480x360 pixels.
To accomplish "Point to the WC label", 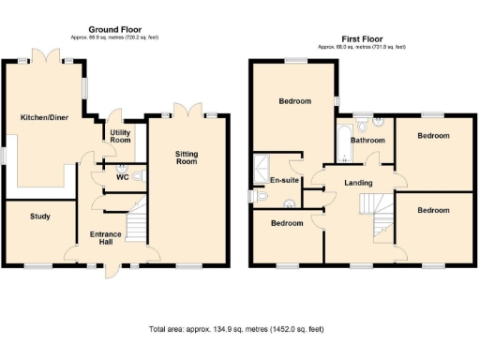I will [x=122, y=175].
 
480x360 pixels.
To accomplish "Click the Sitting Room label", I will [x=187, y=155].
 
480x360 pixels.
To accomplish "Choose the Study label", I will [x=39, y=217].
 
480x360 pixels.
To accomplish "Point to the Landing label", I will [x=358, y=182].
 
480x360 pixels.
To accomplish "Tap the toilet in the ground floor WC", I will [x=138, y=175].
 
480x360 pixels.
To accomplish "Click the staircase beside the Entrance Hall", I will [x=137, y=225].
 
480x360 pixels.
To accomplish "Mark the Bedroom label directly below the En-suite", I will [x=287, y=223].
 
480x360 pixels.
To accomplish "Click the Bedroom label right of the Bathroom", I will [x=433, y=136].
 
